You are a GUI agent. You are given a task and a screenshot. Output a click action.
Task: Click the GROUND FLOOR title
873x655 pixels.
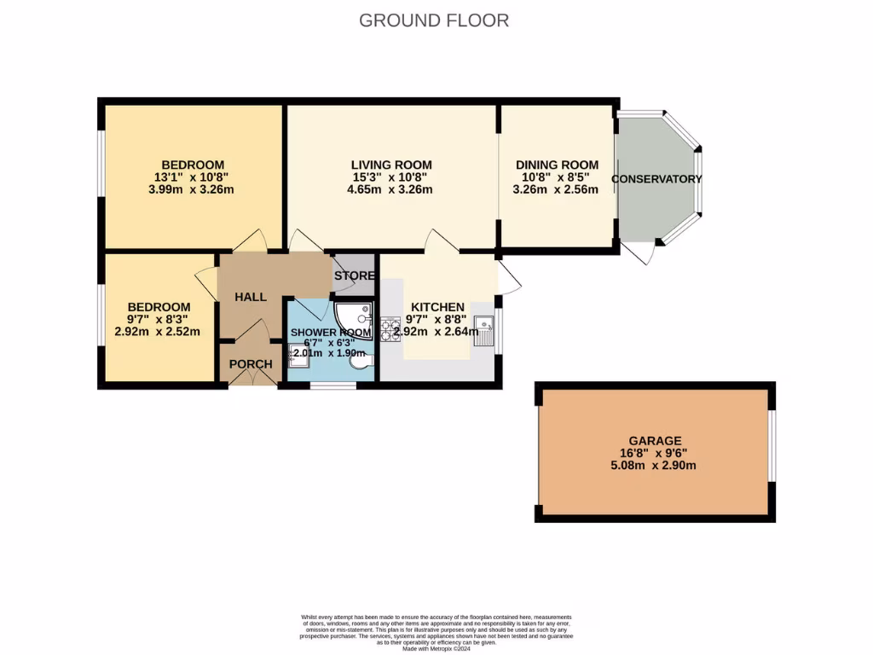(x=434, y=20)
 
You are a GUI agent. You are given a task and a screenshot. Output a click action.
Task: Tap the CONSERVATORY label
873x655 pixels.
(x=656, y=179)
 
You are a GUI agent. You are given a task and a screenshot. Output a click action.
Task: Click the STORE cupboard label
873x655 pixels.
(x=354, y=275)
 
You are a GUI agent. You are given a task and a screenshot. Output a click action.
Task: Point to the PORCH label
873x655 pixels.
(x=251, y=364)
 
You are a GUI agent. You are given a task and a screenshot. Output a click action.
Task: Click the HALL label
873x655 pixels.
(x=251, y=297)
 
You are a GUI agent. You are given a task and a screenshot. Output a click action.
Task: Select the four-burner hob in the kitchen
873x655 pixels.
(x=390, y=328)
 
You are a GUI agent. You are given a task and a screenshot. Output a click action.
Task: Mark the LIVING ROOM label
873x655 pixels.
(x=391, y=165)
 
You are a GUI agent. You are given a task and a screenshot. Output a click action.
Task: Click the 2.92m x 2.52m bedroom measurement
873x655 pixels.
(x=159, y=332)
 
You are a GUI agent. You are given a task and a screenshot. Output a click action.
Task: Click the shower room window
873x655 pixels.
(x=332, y=385)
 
